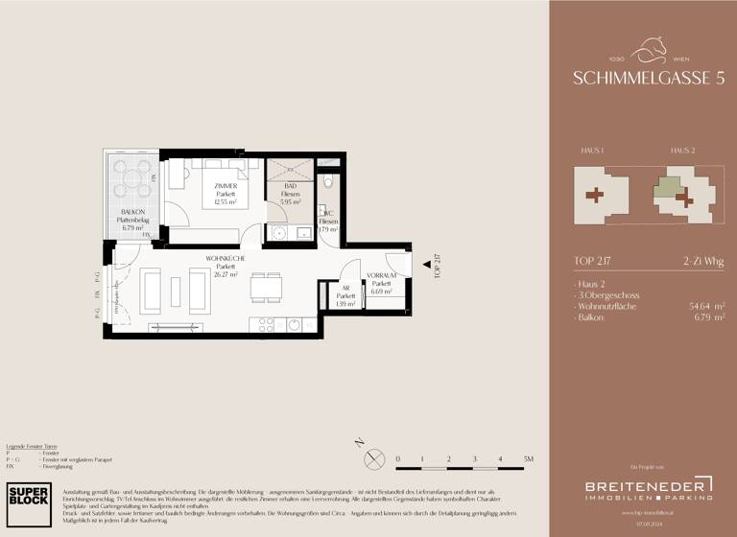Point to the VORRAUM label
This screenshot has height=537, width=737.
coord(381,275)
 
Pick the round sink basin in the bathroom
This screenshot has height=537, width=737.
coord(279,231)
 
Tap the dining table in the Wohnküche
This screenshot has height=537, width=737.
coord(266,288)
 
